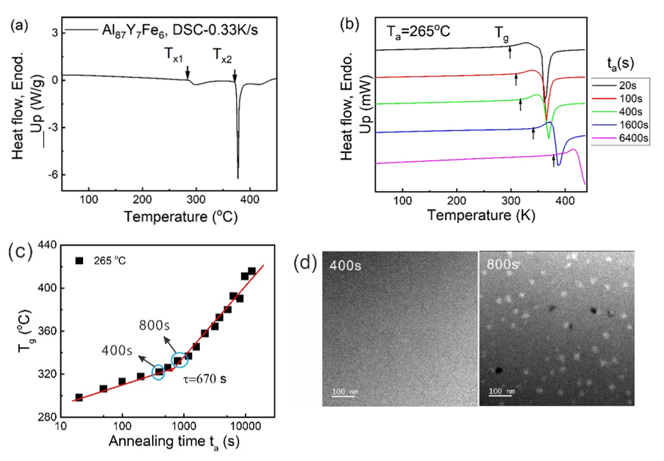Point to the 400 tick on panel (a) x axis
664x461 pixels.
pyautogui.click(x=250, y=200)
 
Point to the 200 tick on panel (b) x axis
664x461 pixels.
pyautogui.click(x=457, y=200)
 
